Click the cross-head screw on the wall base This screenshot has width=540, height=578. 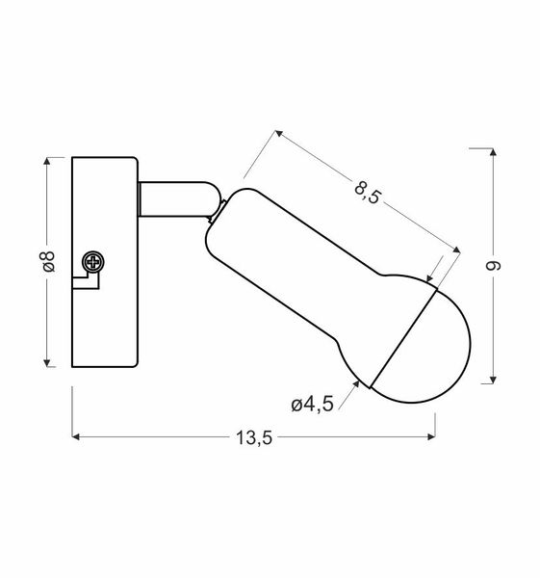(x=94, y=261)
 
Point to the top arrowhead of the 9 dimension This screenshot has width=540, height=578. (x=494, y=152)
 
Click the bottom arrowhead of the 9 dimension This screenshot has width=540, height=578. (x=494, y=377)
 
